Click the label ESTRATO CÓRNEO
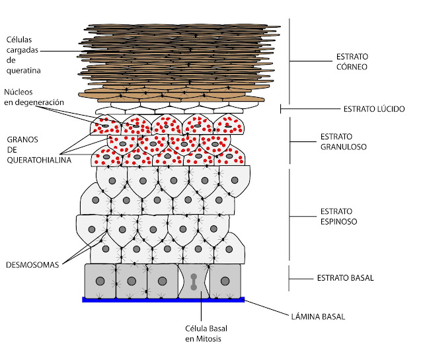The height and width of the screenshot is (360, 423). click(x=352, y=61)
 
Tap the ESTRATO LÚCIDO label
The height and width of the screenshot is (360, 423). click(x=374, y=109)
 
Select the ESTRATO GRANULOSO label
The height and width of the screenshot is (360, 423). click(x=344, y=141)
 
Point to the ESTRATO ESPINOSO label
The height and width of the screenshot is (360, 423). click(x=338, y=216)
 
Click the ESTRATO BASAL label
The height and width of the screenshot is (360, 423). click(x=345, y=277)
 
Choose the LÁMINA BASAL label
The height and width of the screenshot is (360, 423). click(x=318, y=316)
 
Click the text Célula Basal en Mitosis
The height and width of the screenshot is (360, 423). click(x=206, y=334)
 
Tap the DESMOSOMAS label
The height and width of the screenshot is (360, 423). click(x=32, y=265)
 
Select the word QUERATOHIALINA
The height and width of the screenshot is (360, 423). click(x=39, y=160)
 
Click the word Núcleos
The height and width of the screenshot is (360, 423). click(x=19, y=92)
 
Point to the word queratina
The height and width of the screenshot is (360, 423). click(x=24, y=71)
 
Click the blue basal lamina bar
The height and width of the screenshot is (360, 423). click(x=163, y=300)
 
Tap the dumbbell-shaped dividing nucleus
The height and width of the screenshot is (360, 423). click(x=194, y=282)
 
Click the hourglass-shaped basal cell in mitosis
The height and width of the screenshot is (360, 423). click(x=194, y=281)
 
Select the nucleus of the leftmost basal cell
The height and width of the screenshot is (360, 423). click(x=100, y=281)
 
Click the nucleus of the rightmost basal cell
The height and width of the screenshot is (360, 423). click(x=225, y=281)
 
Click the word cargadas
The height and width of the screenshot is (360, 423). click(x=22, y=50)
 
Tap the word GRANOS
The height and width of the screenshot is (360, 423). click(x=22, y=139)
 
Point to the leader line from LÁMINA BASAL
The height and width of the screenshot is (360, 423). click(x=266, y=307)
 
